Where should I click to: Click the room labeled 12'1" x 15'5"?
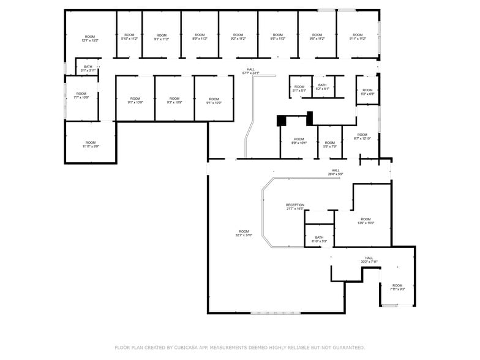point(90,38)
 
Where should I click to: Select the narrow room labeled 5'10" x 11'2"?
point(129,37)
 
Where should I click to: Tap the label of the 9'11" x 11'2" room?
point(358,37)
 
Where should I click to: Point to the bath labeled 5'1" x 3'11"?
point(88,69)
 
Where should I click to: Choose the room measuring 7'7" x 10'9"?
point(81,96)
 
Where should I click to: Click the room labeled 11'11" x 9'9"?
point(91,144)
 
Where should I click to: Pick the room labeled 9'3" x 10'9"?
point(174,100)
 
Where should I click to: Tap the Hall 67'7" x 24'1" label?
point(250,71)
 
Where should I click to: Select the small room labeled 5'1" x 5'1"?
point(299,88)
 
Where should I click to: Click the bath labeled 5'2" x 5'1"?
point(322,87)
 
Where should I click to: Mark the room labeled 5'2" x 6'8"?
point(367,92)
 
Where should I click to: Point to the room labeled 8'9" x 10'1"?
point(299,141)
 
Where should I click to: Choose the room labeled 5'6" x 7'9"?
point(330,144)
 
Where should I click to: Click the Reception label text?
point(294,205)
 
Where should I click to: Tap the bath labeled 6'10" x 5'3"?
point(319,239)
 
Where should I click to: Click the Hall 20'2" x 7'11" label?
point(369,260)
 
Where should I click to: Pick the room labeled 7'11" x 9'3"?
point(397,287)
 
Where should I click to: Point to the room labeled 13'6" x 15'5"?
point(366,221)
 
